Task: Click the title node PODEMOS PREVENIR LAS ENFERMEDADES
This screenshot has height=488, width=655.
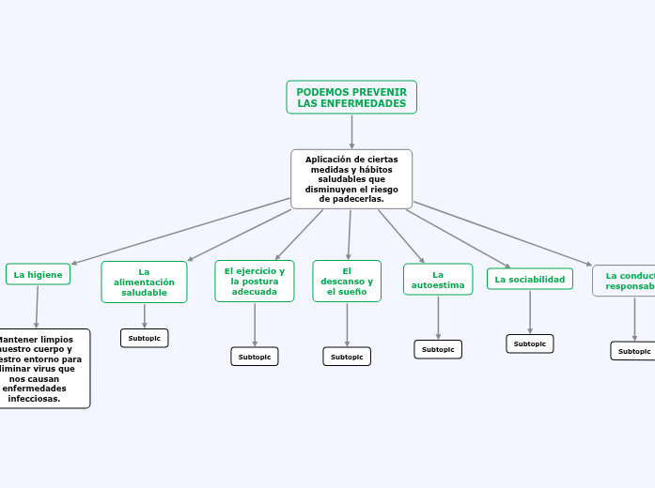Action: point(351,98)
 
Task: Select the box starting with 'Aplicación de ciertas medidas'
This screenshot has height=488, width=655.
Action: point(351,179)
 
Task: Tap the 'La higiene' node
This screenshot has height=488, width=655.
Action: point(39,274)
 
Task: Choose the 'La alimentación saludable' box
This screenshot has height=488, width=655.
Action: point(144,282)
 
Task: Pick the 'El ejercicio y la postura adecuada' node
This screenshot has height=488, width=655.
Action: point(255,281)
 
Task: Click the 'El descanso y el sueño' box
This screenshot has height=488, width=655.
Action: point(347,282)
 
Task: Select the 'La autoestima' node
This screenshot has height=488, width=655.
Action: point(438,279)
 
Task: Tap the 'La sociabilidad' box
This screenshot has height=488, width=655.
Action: point(530,279)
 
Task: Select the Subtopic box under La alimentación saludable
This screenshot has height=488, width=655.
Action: point(145,338)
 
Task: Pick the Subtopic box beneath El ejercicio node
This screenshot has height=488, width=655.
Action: point(255,357)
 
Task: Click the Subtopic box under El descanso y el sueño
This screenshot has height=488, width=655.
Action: point(347,357)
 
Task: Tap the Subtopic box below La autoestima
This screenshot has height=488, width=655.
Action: point(438,349)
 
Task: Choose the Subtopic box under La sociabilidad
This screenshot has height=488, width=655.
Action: point(530,343)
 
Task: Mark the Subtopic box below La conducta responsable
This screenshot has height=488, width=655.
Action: point(634,351)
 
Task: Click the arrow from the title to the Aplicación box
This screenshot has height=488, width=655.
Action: point(351,131)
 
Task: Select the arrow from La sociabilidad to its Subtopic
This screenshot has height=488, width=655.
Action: point(530,312)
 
